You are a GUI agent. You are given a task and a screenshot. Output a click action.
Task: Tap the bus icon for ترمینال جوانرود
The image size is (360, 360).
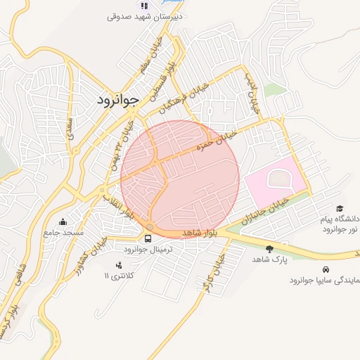(x=147, y=238)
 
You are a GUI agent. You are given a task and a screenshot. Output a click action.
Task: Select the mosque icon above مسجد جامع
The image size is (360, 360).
(x=63, y=221)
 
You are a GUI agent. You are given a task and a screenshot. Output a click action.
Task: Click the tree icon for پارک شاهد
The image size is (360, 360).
(x=270, y=248)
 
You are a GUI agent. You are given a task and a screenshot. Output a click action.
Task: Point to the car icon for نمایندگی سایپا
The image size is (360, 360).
(x=325, y=269)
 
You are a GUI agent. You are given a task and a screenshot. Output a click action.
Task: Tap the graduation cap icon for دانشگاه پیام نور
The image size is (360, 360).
(x=340, y=209)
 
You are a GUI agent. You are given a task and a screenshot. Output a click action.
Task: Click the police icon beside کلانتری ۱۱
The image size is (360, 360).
(x=118, y=265)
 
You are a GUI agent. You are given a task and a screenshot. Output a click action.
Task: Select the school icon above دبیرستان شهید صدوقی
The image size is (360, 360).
(x=144, y=5)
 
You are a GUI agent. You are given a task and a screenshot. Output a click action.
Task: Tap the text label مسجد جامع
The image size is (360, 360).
(x=63, y=232)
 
